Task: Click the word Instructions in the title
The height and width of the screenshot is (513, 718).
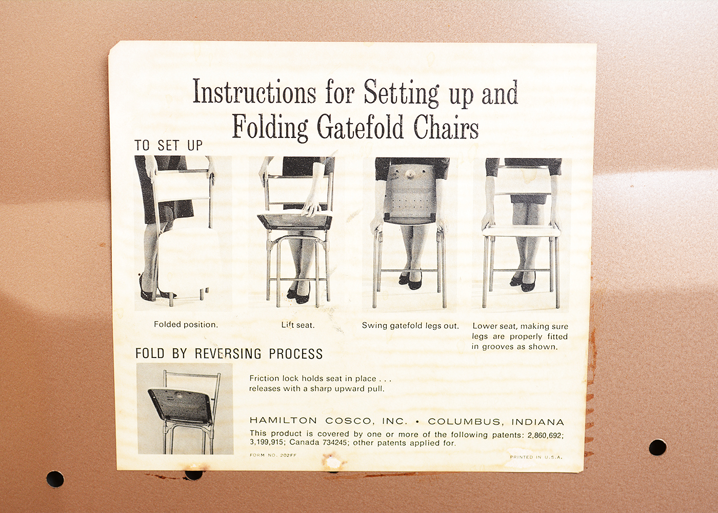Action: point(254,93)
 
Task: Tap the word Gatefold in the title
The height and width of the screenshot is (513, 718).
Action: point(360,128)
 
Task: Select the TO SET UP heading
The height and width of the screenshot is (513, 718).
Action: point(169,146)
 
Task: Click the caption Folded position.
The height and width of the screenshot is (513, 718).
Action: point(186,324)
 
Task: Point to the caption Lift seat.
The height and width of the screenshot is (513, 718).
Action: point(297,325)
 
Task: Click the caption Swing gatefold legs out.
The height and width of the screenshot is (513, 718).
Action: point(410,325)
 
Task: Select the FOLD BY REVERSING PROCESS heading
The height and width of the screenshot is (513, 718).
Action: point(229,353)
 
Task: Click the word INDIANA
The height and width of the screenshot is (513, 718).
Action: point(537,422)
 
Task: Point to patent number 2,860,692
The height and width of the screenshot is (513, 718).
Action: point(545,435)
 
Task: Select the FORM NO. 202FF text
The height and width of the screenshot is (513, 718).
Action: point(273,455)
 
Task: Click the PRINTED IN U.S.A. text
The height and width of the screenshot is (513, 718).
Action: point(536,457)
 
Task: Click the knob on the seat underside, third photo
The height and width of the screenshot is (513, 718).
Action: point(410,174)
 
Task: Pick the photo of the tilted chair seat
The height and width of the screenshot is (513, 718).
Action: point(185,408)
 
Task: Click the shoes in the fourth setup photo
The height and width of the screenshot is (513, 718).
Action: point(523,282)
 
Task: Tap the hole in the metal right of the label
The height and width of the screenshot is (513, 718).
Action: point(657,447)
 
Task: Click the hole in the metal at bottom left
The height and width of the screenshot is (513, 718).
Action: point(55,479)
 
